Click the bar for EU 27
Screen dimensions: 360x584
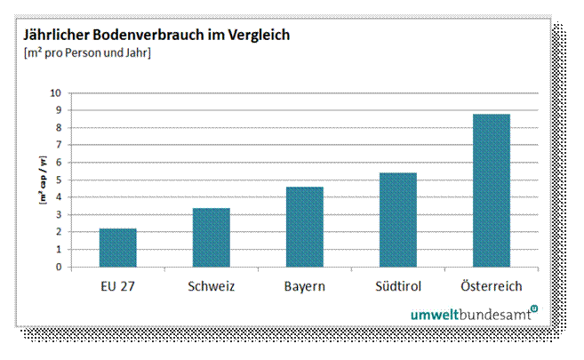click(x=117, y=248)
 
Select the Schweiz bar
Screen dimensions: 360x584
click(x=211, y=237)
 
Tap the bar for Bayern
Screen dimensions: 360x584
click(x=304, y=227)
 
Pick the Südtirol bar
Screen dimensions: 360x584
click(x=397, y=220)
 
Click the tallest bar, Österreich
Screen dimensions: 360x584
click(x=491, y=190)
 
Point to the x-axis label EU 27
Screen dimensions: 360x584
click(x=117, y=285)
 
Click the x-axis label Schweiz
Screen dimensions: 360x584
click(x=211, y=285)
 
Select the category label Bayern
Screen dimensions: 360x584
click(x=304, y=285)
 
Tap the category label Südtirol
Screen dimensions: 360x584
click(x=397, y=285)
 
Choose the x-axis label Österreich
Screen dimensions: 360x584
click(x=491, y=285)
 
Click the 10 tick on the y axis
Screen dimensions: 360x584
click(x=56, y=92)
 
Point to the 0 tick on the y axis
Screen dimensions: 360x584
click(x=59, y=267)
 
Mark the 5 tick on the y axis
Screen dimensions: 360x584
click(x=59, y=180)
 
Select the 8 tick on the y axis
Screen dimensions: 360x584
click(x=59, y=127)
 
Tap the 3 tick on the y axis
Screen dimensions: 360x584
click(x=59, y=214)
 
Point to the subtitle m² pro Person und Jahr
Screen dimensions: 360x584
click(x=86, y=54)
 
